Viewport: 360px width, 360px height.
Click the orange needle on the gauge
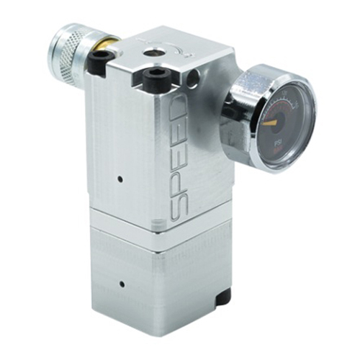tap(271, 122)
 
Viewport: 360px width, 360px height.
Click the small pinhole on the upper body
tap(120, 176)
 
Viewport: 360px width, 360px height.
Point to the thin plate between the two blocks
tap(158, 230)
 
